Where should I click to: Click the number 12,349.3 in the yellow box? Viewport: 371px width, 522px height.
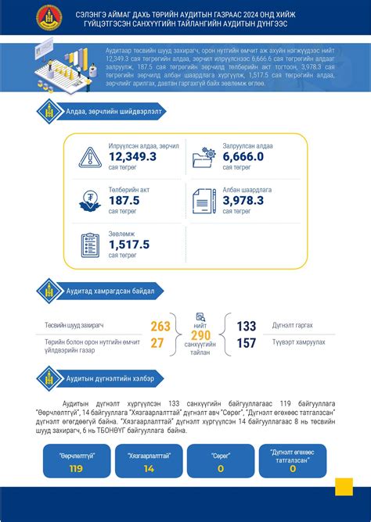(x=132, y=157)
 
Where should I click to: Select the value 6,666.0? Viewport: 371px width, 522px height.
(x=243, y=157)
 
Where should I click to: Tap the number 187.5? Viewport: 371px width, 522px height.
(x=124, y=200)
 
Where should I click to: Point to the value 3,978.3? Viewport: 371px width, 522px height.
(x=243, y=200)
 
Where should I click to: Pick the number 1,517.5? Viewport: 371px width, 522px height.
(x=129, y=244)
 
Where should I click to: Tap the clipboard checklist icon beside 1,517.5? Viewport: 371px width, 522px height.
(x=88, y=245)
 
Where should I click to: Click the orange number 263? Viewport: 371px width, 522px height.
(x=160, y=327)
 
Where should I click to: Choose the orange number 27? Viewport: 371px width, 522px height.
(x=157, y=342)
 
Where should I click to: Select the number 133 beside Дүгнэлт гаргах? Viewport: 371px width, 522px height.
(x=246, y=327)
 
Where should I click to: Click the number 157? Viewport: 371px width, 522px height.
(x=246, y=343)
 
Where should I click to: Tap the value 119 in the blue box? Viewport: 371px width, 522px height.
(x=76, y=469)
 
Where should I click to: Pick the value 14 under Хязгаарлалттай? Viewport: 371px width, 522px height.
(x=149, y=469)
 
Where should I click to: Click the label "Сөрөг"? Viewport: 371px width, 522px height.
(x=220, y=454)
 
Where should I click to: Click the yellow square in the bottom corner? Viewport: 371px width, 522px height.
(x=344, y=486)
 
